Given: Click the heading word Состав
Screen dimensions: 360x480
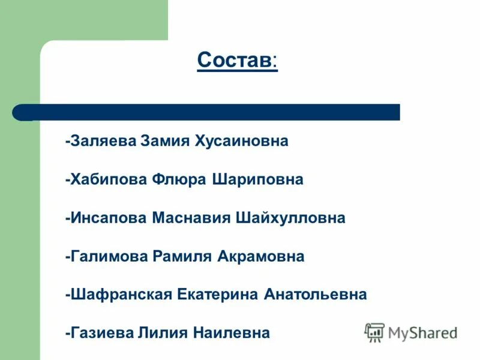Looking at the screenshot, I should pos(234,60).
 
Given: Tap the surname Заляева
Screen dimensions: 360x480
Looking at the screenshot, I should pos(103,142).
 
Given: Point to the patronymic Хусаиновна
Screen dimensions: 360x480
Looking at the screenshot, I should pos(241,142).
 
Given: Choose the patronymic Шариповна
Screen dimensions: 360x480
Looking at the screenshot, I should pos(258,180).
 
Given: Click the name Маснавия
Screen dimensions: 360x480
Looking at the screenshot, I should pos(191,218).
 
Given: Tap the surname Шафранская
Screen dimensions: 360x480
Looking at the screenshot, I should pos(120,295).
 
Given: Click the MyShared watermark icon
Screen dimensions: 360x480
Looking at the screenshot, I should pos(374,332).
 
